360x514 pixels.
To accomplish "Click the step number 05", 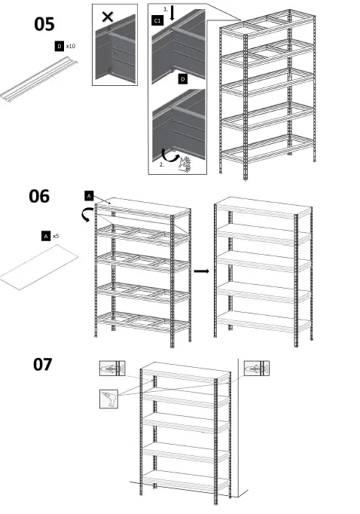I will pyautogui.click(x=44, y=25).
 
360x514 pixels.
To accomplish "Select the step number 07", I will pyautogui.click(x=42, y=365).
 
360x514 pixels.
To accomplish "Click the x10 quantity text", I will pyautogui.click(x=71, y=47).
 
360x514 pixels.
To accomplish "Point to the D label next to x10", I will pyautogui.click(x=59, y=47).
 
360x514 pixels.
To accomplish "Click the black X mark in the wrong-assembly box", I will pyautogui.click(x=107, y=16).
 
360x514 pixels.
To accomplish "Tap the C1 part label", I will pyautogui.click(x=157, y=20).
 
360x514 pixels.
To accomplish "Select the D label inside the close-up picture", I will pyautogui.click(x=183, y=78).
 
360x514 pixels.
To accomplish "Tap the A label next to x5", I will pyautogui.click(x=46, y=236).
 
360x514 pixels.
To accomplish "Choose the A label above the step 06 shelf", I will pyautogui.click(x=89, y=196).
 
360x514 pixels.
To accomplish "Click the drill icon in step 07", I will pyautogui.click(x=109, y=399).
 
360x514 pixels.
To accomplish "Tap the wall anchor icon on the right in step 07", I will pyautogui.click(x=256, y=369).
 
